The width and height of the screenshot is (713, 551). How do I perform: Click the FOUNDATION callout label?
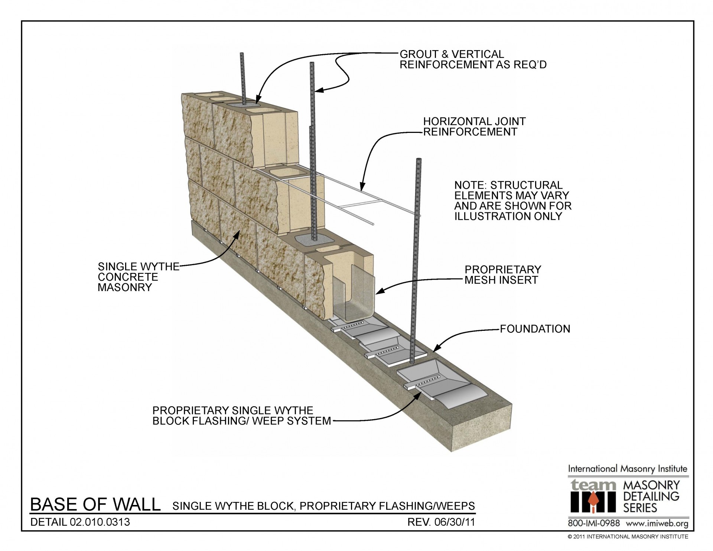(535, 329)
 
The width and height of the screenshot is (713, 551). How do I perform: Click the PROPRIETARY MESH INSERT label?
(503, 275)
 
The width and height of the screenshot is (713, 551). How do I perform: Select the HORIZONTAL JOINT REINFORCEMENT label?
(474, 127)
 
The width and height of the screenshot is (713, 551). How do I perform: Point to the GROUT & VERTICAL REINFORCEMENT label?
(472, 59)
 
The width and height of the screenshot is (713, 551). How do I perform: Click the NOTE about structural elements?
(512, 200)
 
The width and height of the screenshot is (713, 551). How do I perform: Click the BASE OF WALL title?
(95, 505)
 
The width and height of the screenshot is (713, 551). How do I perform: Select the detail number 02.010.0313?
(100, 522)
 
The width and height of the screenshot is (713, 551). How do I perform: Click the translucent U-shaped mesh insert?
(355, 297)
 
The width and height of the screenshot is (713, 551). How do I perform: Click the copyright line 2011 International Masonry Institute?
(628, 537)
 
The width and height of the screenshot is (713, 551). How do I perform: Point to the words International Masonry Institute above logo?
(627, 469)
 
